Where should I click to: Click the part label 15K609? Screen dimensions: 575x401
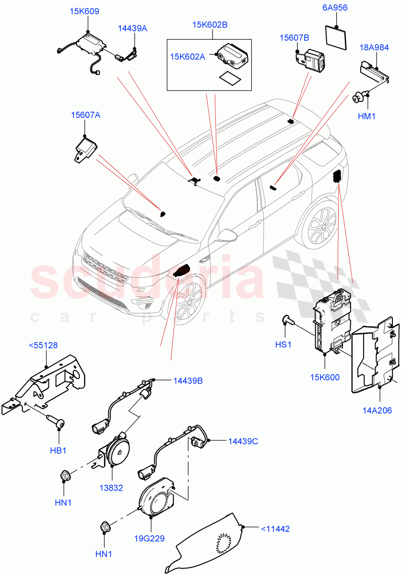click(85, 11)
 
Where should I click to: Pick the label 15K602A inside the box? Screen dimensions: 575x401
click(187, 57)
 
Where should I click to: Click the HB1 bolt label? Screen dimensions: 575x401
click(59, 450)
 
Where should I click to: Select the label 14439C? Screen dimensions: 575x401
click(243, 441)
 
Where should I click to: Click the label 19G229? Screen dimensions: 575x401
click(149, 538)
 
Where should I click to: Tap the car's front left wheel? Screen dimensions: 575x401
click(188, 301)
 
